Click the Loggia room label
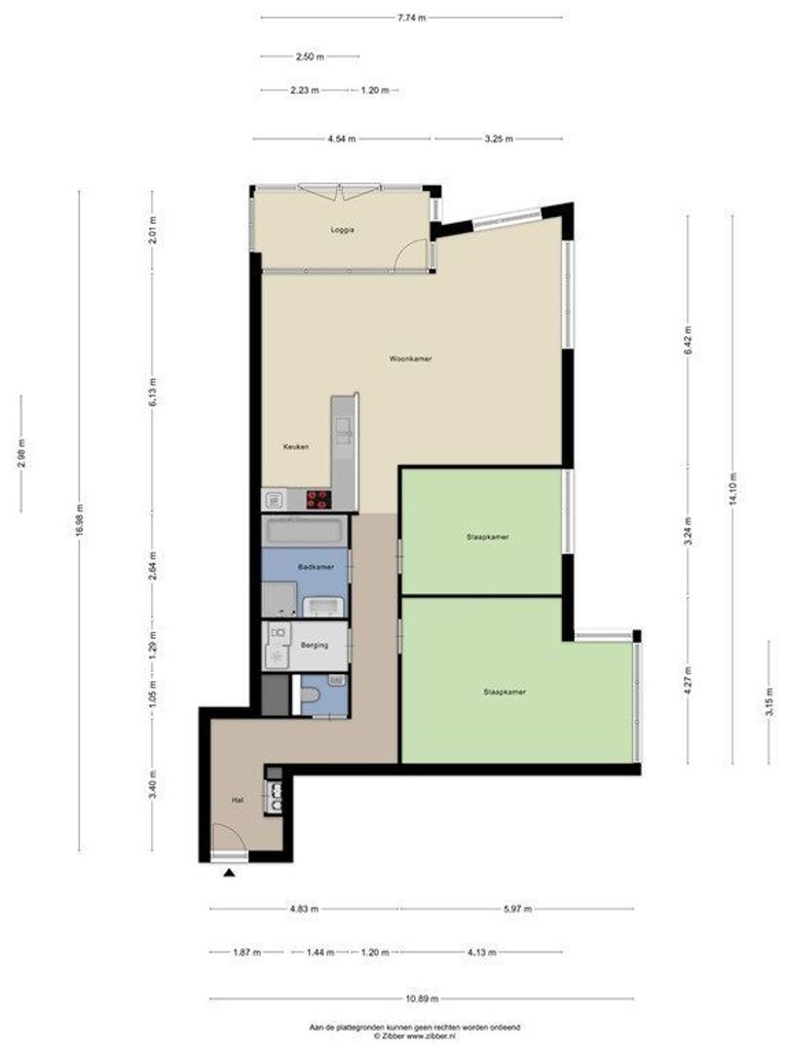click(x=342, y=230)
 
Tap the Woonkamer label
click(x=411, y=358)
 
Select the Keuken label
click(x=296, y=446)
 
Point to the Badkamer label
click(x=316, y=567)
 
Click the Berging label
click(x=315, y=646)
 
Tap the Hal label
click(x=237, y=800)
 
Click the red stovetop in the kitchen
click(x=319, y=499)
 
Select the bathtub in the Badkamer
click(x=305, y=532)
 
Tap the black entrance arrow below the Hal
click(x=230, y=873)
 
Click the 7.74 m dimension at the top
click(x=411, y=19)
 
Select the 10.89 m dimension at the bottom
click(x=422, y=998)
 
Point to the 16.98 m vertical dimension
click(x=79, y=519)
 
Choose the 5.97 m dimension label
click(x=517, y=909)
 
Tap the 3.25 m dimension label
click(x=499, y=139)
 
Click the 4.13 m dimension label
click(x=482, y=952)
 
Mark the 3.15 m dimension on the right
click(x=770, y=702)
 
